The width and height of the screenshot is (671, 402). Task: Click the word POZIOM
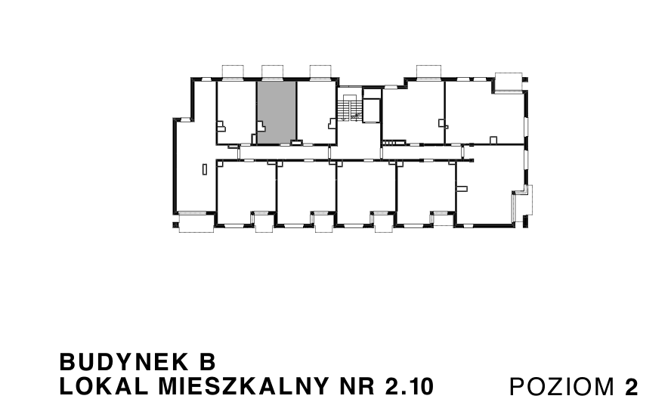coord(564,386)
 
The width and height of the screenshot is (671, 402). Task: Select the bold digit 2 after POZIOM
coord(631,386)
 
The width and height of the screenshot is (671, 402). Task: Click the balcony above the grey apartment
coord(272,71)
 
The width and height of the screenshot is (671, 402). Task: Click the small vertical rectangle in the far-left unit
coord(205,169)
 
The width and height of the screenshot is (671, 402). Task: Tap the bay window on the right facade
coord(523,205)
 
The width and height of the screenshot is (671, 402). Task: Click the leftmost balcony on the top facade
coord(231,71)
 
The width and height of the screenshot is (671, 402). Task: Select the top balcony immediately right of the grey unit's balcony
coord(320,71)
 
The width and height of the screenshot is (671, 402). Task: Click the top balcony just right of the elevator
coord(428,71)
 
